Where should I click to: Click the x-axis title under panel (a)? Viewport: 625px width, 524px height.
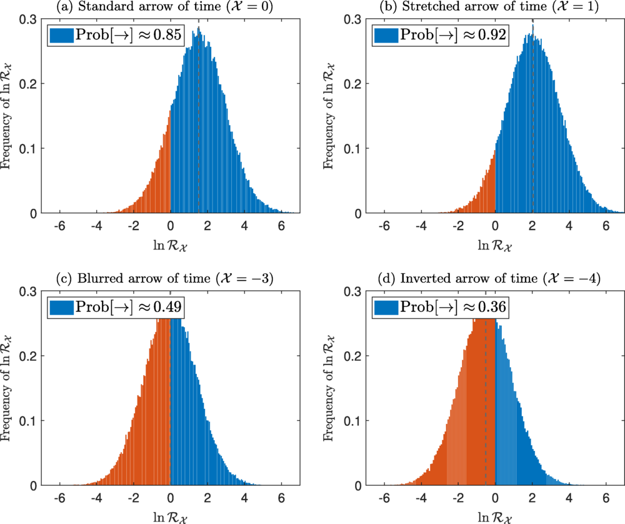(x=170, y=244)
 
